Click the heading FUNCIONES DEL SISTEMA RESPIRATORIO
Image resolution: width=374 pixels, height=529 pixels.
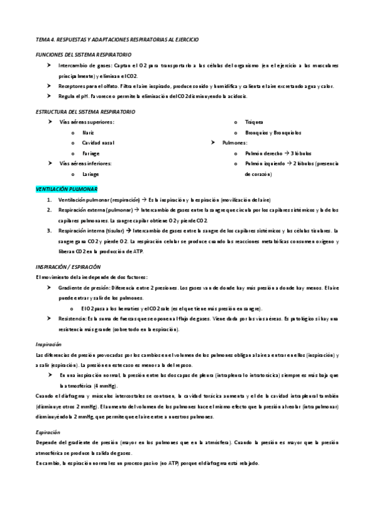click(83, 55)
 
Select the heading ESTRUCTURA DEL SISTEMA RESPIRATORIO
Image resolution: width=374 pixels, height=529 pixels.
click(85, 112)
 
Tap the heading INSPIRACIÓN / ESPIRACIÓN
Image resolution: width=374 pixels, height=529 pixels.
click(68, 266)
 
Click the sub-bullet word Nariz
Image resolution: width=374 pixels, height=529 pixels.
click(89, 133)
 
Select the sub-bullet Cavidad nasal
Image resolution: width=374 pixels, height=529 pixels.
click(97, 143)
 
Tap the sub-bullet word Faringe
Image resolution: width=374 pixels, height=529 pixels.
click(91, 153)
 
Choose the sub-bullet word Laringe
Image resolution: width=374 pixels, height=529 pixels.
click(91, 174)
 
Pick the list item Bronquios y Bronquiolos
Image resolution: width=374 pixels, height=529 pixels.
click(273, 132)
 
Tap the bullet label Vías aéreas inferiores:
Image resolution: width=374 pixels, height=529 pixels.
click(85, 163)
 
